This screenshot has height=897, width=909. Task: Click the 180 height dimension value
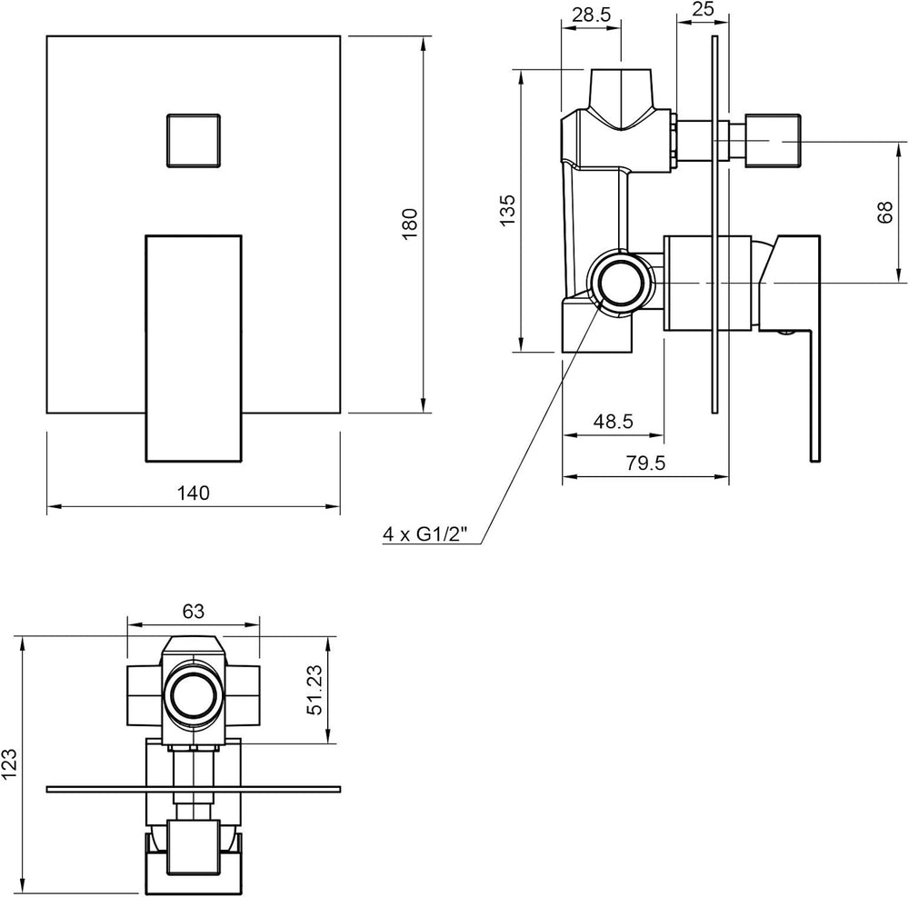[409, 224]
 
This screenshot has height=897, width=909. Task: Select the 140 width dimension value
[193, 493]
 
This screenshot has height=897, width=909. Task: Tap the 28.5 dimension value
[592, 15]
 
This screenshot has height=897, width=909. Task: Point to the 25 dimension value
[703, 9]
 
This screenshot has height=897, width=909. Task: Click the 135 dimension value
[506, 210]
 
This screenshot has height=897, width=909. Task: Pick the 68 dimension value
[885, 213]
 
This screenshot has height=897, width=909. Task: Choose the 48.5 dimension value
[613, 422]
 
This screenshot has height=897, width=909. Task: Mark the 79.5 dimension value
[645, 463]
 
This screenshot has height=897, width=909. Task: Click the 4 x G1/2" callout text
[425, 533]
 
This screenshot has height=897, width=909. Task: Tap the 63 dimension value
[194, 612]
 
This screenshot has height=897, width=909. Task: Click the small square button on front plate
[194, 141]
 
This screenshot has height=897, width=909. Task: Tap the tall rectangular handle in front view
[193, 348]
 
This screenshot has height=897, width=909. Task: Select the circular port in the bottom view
[193, 694]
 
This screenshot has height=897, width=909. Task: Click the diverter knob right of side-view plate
[772, 141]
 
